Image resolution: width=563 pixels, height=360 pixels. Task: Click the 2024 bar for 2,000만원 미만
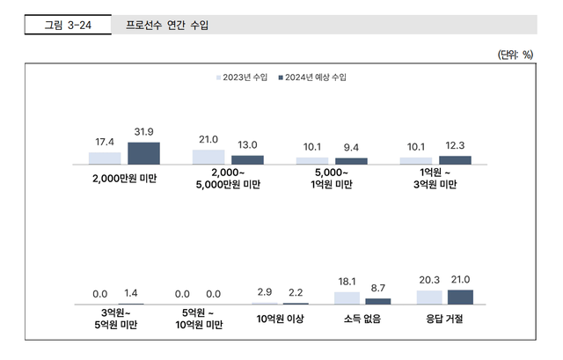pyautogui.click(x=143, y=153)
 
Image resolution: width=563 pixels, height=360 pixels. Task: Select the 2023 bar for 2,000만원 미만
pyautogui.click(x=105, y=158)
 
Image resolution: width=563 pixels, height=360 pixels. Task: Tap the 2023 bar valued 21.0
pyautogui.click(x=208, y=157)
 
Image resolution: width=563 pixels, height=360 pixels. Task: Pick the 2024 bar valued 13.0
pyautogui.click(x=247, y=159)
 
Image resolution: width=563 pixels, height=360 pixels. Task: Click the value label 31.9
pyautogui.click(x=143, y=132)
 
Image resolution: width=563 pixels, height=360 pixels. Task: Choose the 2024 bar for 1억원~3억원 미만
pyautogui.click(x=455, y=160)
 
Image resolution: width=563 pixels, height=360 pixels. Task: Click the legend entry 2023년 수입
pyautogui.click(x=242, y=78)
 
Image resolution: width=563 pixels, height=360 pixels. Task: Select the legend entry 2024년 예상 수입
pyautogui.click(x=312, y=78)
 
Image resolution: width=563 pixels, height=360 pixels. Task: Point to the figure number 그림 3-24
pyautogui.click(x=69, y=25)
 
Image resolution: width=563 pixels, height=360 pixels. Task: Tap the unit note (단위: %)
pyautogui.click(x=515, y=55)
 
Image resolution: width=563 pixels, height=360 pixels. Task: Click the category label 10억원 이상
pyautogui.click(x=280, y=319)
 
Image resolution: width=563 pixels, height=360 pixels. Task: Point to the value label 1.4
pyautogui.click(x=130, y=294)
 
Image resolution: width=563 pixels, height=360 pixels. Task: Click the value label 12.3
pyautogui.click(x=455, y=145)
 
